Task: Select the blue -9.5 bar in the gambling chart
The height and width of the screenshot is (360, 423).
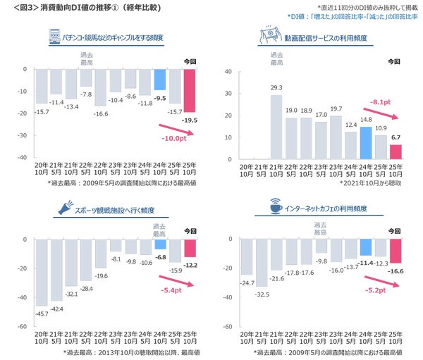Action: point(160,79)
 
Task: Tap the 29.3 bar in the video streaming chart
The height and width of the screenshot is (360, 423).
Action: point(276,125)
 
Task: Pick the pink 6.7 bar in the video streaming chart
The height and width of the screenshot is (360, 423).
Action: point(395,151)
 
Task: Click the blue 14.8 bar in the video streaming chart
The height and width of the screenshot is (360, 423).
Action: point(365,142)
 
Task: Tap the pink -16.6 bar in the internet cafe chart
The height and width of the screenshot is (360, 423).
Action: point(395,251)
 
